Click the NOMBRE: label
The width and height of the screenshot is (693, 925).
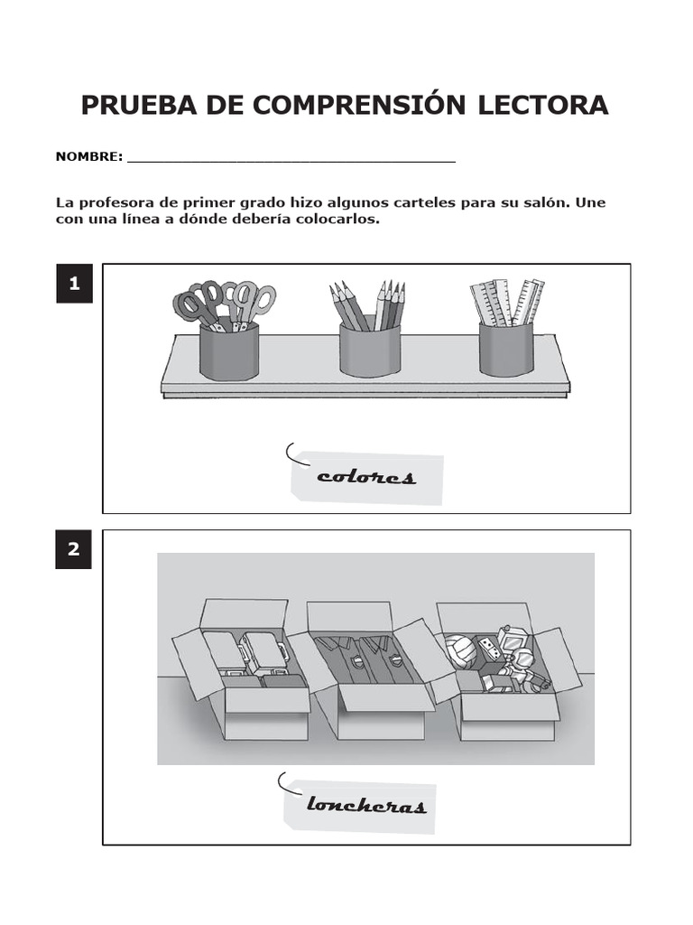[89, 156]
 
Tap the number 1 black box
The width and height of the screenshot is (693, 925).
[74, 284]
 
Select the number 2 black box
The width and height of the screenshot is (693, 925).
[74, 549]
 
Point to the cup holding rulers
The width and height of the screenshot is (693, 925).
[505, 349]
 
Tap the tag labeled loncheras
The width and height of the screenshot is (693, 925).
[361, 804]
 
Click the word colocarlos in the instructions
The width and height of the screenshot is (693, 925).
[337, 220]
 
